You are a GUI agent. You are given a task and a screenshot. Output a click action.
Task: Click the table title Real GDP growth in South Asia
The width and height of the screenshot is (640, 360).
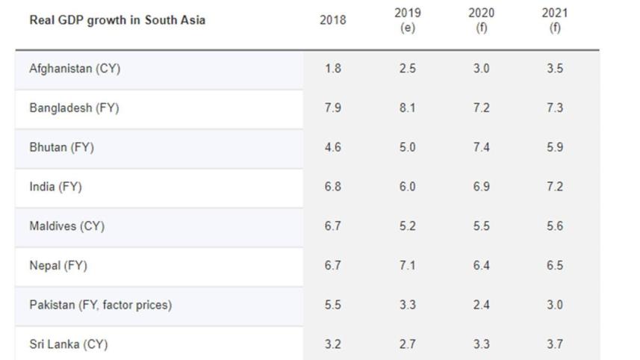click(x=117, y=20)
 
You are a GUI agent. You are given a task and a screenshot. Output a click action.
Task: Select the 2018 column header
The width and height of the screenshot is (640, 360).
click(x=332, y=20)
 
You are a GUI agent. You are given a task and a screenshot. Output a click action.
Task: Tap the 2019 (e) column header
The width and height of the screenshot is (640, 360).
click(x=407, y=20)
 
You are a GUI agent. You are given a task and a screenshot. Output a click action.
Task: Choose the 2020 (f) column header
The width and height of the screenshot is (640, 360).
click(x=481, y=20)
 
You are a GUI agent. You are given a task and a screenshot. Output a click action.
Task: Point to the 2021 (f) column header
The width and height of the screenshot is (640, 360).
click(x=555, y=20)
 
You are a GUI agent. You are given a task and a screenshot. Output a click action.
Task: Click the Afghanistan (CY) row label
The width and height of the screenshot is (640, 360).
click(x=75, y=69)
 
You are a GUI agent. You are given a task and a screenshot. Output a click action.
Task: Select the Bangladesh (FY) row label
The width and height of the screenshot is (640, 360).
click(x=74, y=108)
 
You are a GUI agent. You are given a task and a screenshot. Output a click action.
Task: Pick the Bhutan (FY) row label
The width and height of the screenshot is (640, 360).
click(x=62, y=147)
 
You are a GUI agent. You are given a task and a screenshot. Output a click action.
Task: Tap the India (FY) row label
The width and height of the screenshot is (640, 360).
click(x=55, y=187)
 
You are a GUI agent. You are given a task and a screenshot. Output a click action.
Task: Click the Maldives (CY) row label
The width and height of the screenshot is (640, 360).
click(x=67, y=226)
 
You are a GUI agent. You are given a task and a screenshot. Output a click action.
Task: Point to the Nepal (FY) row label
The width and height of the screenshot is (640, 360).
click(x=58, y=266)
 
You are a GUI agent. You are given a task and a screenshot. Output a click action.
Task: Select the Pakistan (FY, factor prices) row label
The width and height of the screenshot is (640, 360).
click(x=100, y=305)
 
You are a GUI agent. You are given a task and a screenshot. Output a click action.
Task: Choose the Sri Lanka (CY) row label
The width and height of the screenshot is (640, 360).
click(x=69, y=344)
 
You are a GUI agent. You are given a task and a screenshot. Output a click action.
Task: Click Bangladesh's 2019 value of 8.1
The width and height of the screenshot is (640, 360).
click(x=407, y=108)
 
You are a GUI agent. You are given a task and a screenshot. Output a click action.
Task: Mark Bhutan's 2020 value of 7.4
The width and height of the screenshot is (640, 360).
click(x=481, y=147)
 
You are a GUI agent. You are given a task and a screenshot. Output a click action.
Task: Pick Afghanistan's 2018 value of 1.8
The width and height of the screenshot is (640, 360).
click(x=332, y=68)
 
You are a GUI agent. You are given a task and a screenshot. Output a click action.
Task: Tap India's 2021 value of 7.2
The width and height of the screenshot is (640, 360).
click(x=555, y=187)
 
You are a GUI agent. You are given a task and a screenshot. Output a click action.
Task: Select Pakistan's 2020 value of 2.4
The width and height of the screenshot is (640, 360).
click(x=481, y=305)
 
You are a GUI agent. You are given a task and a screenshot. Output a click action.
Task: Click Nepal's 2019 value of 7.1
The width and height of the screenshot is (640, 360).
click(x=407, y=265)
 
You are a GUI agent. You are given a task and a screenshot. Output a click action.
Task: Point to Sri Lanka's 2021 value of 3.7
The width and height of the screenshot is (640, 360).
click(x=555, y=344)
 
